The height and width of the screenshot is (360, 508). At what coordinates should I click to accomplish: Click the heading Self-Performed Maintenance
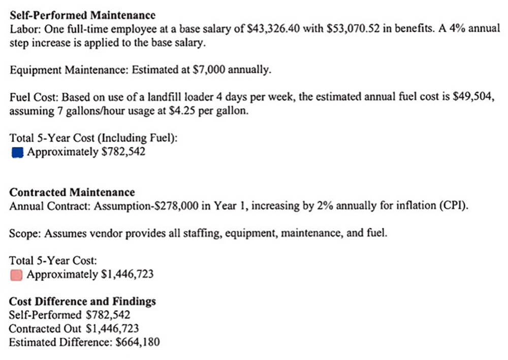click(83, 15)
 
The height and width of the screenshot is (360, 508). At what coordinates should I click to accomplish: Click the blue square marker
click(17, 152)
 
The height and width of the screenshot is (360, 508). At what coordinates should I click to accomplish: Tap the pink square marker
click(17, 275)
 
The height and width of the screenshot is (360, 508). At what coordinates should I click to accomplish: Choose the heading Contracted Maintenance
click(72, 192)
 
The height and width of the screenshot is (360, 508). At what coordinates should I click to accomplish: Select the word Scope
click(23, 234)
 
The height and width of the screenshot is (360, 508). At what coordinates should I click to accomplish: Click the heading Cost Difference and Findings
click(83, 301)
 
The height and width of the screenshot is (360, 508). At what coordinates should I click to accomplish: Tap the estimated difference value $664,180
click(138, 342)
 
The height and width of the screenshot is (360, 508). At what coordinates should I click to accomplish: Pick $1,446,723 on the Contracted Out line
click(113, 329)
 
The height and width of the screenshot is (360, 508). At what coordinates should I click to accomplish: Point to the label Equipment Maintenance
click(68, 70)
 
